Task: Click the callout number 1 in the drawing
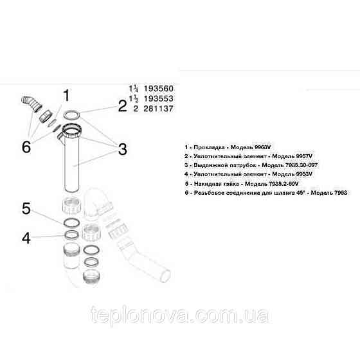tap(65, 97)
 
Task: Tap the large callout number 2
tap(122, 105)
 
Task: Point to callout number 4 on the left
tap(26, 239)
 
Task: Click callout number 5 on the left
tap(26, 208)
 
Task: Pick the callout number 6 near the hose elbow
tap(26, 147)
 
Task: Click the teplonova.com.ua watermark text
tap(180, 316)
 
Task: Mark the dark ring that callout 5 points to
tap(72, 222)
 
